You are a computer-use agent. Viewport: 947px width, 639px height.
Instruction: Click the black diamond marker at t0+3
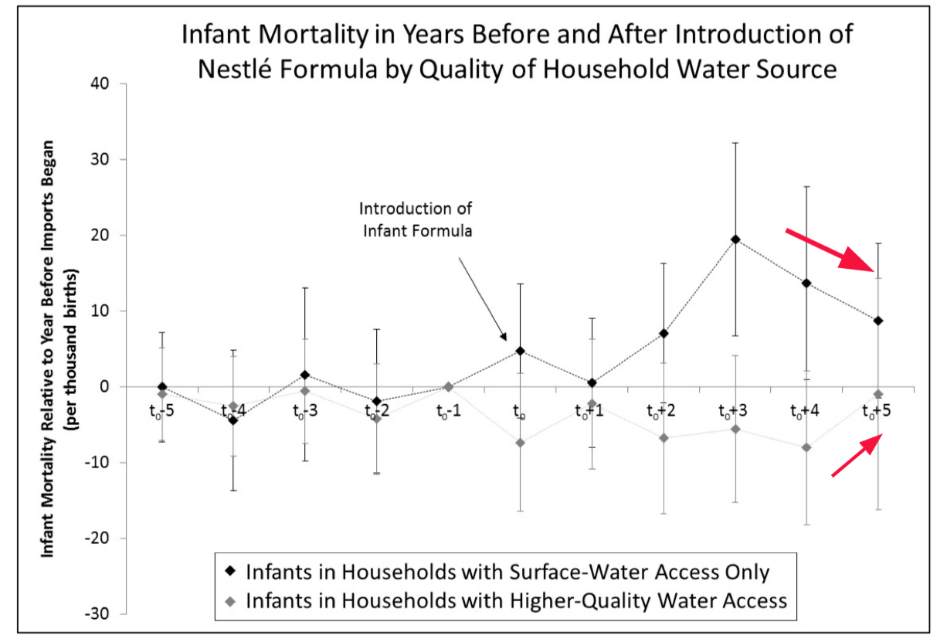pos(735,240)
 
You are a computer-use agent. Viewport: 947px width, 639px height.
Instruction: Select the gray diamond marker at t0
pos(521,443)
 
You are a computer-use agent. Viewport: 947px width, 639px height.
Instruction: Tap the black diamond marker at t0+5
pos(878,321)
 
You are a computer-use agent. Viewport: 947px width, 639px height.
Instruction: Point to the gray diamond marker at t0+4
pos(806,447)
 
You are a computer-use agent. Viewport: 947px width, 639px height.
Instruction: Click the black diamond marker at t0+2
pos(664,333)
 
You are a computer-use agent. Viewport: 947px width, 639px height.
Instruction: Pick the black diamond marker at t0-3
pos(306,375)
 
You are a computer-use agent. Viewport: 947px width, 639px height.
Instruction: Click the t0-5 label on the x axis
pos(161,410)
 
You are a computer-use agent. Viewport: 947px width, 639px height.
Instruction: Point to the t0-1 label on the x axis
pos(448,410)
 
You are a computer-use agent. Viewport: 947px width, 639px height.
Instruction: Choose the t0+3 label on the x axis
pos(734,410)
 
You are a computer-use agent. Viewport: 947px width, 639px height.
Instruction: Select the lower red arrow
pos(856,456)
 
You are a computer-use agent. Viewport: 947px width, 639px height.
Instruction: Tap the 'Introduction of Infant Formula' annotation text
pos(416,220)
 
